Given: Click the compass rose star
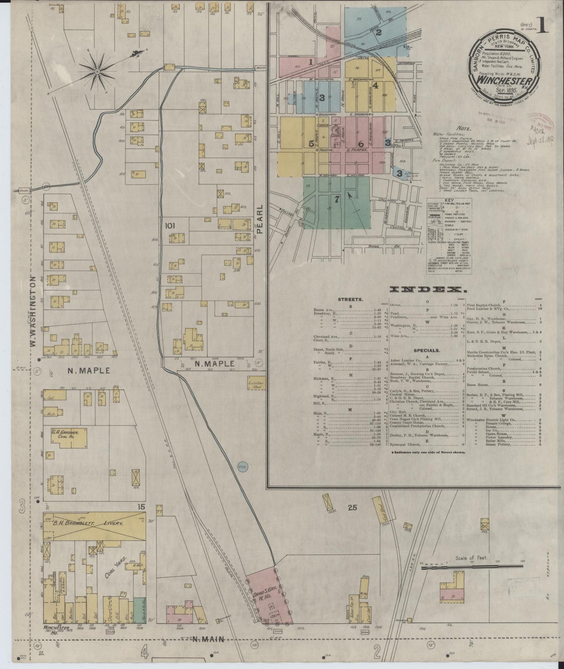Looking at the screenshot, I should tap(96, 71).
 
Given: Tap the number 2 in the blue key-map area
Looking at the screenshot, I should tap(378, 32).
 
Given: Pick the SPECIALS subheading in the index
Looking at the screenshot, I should tap(426, 351).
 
